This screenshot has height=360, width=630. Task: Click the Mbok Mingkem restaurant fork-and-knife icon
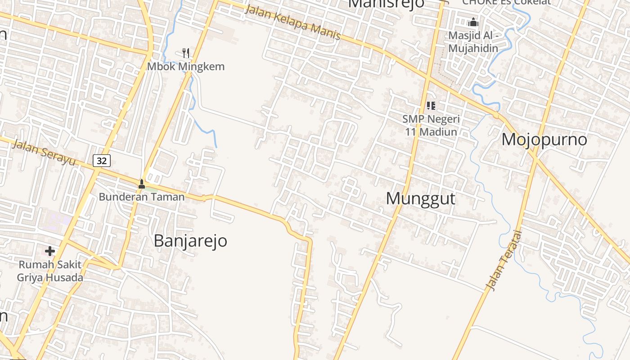coord(186,53)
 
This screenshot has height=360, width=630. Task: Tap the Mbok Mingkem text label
coord(186,67)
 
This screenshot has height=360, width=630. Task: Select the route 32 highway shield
coord(102,161)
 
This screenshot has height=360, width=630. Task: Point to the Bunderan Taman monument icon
coord(142,184)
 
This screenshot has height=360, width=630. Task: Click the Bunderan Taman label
coord(142,197)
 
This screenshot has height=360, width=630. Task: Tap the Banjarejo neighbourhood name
coord(190,241)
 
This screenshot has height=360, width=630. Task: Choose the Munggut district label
coord(421,198)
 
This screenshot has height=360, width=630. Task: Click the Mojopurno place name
coord(544,139)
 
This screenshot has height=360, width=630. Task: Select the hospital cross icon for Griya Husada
coord(50,251)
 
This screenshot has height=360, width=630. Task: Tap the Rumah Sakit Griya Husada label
coord(50,271)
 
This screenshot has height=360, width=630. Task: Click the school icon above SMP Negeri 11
coord(431,106)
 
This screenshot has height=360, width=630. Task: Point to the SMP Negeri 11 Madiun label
coord(431,126)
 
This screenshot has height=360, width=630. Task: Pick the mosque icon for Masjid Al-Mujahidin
coord(473,22)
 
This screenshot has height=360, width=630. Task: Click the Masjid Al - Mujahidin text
coord(473,41)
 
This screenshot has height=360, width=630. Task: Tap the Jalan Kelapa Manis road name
coord(293,22)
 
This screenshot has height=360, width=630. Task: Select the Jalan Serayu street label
coord(44,152)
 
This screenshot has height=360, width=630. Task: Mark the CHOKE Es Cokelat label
coord(506,2)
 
